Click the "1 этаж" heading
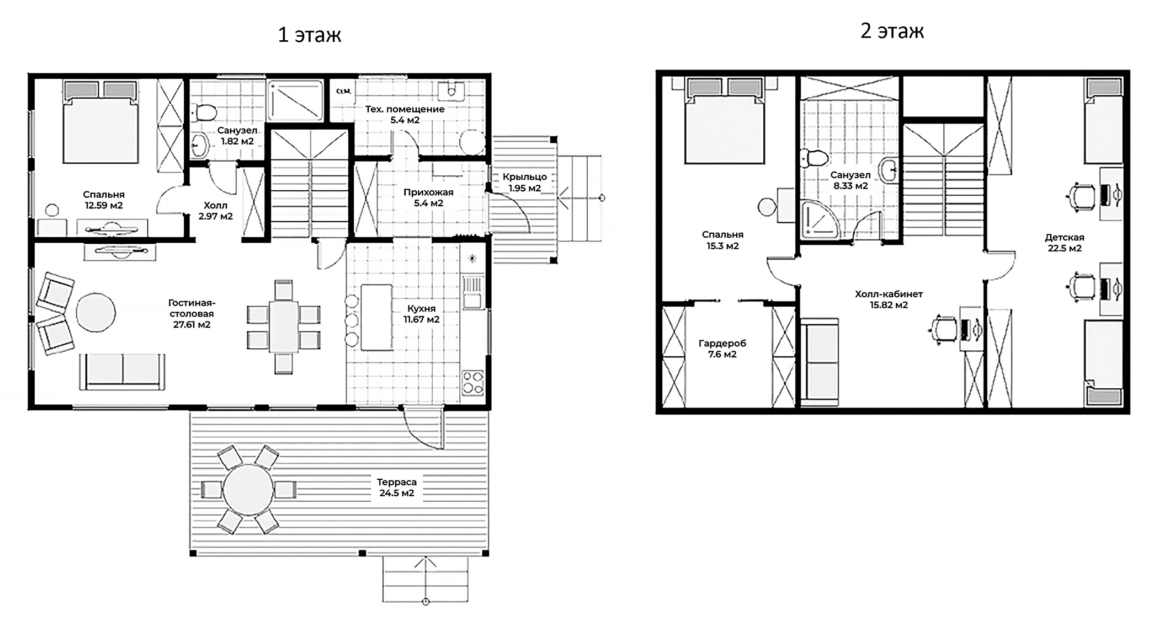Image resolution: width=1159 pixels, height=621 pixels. (309, 35)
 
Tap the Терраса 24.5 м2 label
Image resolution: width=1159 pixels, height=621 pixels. (396, 488)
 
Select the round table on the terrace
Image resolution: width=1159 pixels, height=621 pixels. (248, 489)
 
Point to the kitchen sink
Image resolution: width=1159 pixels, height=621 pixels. (472, 292)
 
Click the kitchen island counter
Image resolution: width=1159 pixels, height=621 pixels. (376, 317)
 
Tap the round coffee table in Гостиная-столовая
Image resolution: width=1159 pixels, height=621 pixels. (95, 312)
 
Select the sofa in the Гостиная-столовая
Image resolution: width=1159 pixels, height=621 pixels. (122, 371)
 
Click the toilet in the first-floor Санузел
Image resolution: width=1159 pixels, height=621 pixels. (205, 113)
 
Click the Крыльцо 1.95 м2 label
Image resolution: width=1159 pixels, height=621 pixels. (524, 183)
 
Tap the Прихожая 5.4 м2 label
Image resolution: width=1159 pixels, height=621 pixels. (428, 197)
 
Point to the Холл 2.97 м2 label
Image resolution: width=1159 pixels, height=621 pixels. (215, 211)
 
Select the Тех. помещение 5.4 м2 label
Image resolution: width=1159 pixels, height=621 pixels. (405, 114)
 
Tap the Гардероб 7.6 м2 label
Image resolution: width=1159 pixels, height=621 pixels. (722, 349)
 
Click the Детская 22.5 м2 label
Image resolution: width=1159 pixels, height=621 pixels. (1064, 243)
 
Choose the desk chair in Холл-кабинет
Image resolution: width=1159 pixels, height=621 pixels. (944, 329)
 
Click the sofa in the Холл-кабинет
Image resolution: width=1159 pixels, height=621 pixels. (819, 361)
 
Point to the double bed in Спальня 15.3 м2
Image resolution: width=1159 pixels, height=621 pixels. (724, 127)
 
